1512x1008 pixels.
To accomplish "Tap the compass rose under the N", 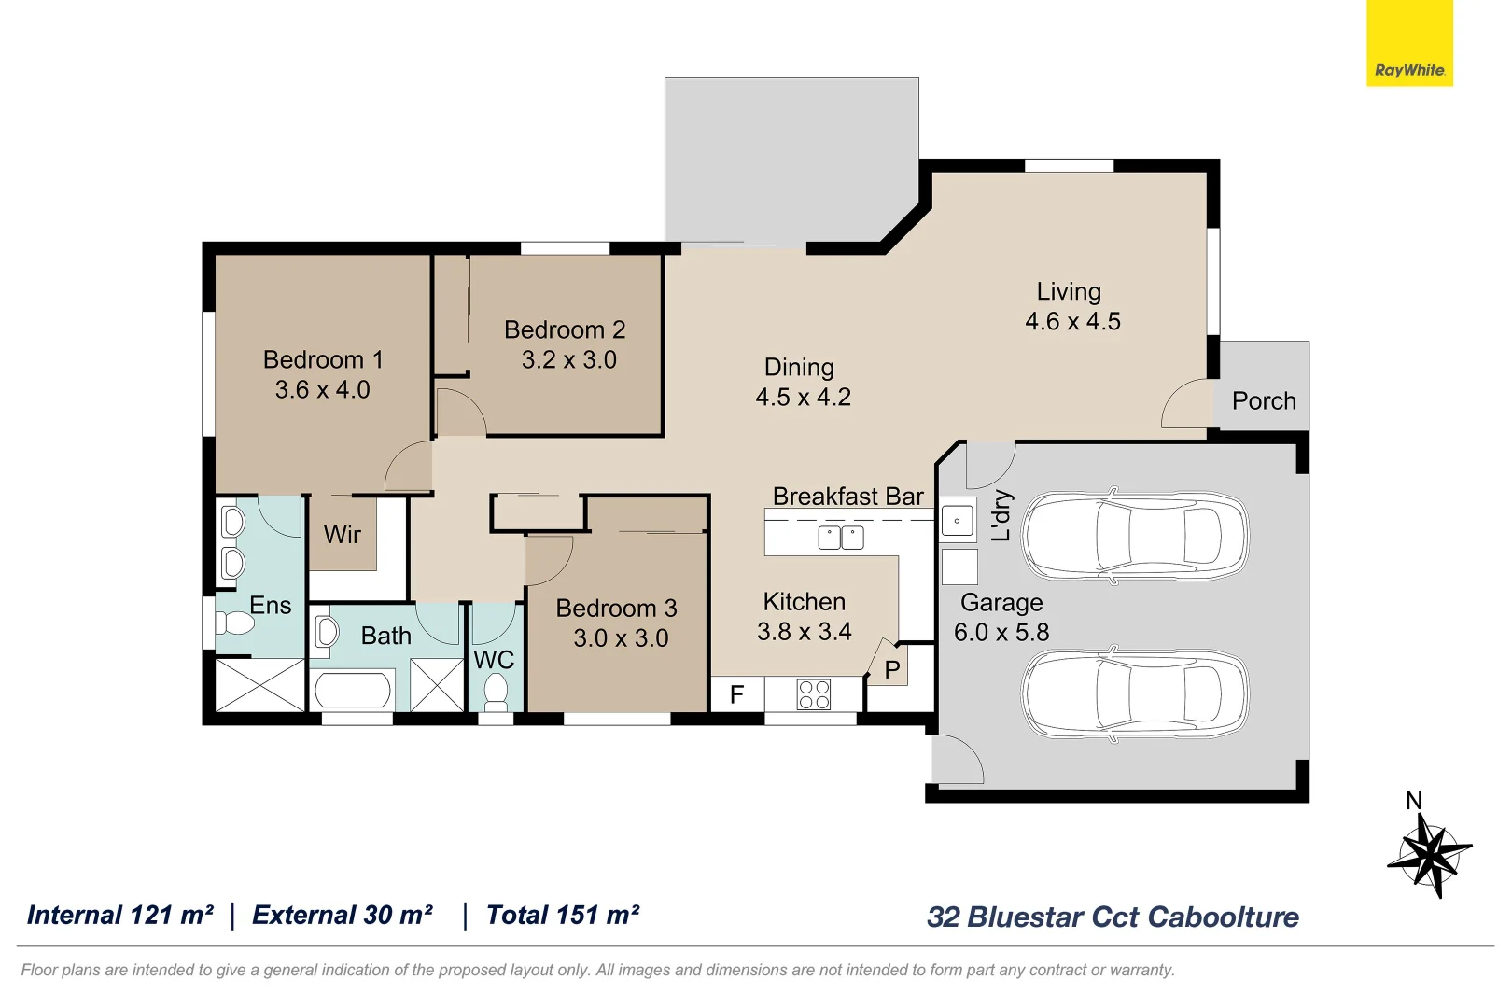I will [x=1429, y=854].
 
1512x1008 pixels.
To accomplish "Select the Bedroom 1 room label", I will [x=323, y=359].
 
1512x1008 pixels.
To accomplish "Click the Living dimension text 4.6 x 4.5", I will [x=1072, y=322].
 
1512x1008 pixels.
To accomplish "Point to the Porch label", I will [x=1264, y=401].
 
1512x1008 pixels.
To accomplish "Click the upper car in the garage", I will [x=1135, y=536].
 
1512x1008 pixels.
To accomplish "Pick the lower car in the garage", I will [x=1135, y=694].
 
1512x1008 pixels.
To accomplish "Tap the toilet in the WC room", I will [x=496, y=692].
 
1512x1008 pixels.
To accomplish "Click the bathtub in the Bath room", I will [x=353, y=692].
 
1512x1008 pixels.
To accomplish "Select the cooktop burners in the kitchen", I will [x=814, y=694].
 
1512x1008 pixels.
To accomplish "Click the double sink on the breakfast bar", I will [x=840, y=538].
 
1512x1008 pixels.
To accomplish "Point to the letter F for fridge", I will [x=736, y=694].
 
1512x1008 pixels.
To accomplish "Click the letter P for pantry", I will [x=891, y=669].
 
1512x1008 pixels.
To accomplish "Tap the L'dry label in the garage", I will [x=1001, y=515].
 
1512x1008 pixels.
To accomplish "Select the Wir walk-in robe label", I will [x=342, y=535].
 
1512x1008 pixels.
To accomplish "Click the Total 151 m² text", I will [x=563, y=915].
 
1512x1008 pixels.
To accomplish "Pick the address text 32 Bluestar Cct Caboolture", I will [x=1113, y=917].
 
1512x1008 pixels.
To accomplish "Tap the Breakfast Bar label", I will [x=847, y=497].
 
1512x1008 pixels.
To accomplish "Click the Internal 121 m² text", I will [x=120, y=915].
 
